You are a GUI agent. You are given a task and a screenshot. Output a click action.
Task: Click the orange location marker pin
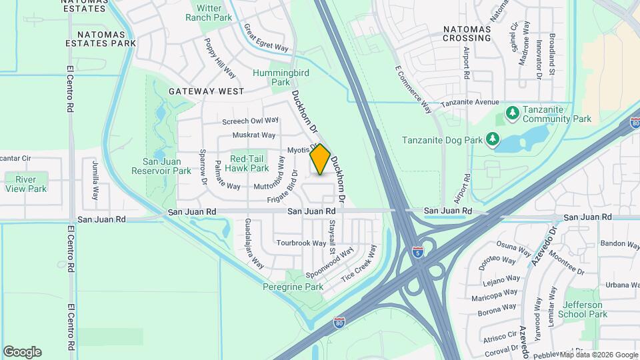(x=321, y=159)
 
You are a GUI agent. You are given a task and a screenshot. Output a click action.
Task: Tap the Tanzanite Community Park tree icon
(x=512, y=113)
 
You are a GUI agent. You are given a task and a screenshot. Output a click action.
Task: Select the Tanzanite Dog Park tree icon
(x=493, y=139)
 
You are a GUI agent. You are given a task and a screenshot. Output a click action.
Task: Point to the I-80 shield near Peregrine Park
(x=340, y=322)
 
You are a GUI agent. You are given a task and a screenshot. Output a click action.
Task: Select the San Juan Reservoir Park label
(x=167, y=166)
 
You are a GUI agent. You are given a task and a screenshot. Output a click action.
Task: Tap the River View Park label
(x=26, y=184)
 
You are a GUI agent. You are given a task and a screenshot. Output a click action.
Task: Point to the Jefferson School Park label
(x=583, y=309)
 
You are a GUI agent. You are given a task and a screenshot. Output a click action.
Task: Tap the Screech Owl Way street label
(x=250, y=121)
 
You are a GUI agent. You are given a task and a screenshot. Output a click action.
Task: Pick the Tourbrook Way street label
(x=301, y=243)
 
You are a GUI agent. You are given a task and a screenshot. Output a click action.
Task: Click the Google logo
(x=22, y=351)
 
